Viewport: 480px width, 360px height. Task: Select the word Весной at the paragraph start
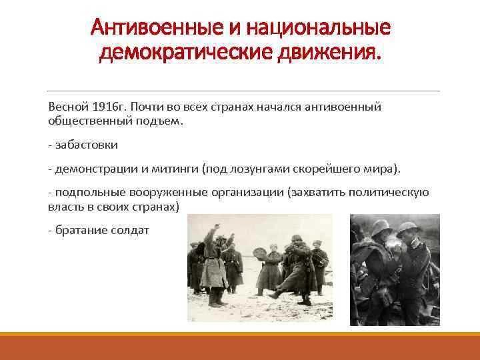click(65, 107)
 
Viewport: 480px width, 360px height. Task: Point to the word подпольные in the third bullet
click(82, 193)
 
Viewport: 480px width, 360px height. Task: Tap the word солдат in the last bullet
click(131, 230)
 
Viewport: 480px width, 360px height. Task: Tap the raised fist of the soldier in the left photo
click(215, 228)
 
